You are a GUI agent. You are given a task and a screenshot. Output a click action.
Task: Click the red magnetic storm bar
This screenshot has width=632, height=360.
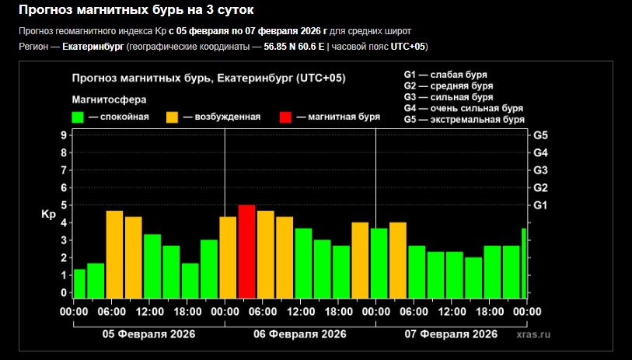pyautogui.click(x=246, y=251)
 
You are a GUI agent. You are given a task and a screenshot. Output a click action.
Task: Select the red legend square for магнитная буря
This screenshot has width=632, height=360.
pyautogui.click(x=286, y=117)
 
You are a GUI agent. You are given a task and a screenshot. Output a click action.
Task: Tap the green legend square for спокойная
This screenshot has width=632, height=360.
pyautogui.click(x=78, y=117)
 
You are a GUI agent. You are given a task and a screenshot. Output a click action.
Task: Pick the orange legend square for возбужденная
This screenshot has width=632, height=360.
pyautogui.click(x=173, y=117)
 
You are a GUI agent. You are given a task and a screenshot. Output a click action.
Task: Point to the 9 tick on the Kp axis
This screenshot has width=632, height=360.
pyautogui.click(x=63, y=135)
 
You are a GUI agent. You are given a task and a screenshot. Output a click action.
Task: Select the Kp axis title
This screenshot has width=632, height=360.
pyautogui.click(x=47, y=214)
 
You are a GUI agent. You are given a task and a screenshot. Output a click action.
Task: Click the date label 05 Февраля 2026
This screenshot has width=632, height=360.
pyautogui.click(x=149, y=334)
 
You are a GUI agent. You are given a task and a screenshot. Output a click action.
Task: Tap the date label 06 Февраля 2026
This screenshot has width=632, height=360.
pyautogui.click(x=300, y=334)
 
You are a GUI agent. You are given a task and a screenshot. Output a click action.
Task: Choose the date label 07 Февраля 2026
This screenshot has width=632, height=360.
pyautogui.click(x=451, y=334)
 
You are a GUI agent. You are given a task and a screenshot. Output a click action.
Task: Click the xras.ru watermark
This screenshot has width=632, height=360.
pyautogui.click(x=532, y=334)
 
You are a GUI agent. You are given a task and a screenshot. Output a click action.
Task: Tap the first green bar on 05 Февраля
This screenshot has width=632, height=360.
pyautogui.click(x=79, y=283)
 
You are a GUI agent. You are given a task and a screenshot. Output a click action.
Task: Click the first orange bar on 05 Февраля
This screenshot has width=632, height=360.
pyautogui.click(x=114, y=254)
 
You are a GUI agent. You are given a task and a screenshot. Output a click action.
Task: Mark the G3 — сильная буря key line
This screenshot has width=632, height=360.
pyautogui.click(x=449, y=97)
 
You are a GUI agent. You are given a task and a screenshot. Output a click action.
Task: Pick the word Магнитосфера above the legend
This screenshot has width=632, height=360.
pyautogui.click(x=109, y=100)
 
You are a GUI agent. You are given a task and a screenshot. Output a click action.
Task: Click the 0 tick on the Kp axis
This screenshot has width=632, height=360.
pyautogui.click(x=63, y=293)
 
